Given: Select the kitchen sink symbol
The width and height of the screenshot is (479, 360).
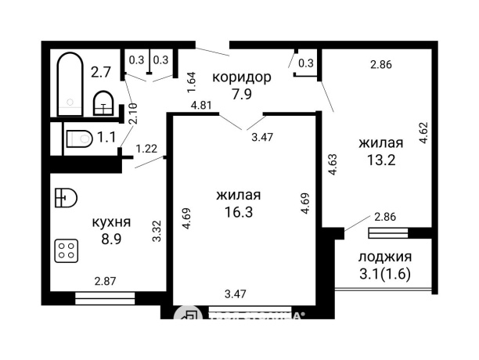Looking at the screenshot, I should (x=66, y=196).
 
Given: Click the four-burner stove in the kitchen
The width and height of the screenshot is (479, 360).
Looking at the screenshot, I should (x=67, y=250).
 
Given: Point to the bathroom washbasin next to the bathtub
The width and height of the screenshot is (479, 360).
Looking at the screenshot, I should (x=103, y=103).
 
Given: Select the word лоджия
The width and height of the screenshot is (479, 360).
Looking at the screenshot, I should (x=384, y=257).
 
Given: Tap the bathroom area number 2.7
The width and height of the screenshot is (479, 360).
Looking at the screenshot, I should (x=99, y=72).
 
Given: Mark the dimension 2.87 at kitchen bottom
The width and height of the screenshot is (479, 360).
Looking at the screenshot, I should (x=106, y=281).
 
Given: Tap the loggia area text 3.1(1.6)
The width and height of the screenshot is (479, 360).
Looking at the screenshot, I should (x=384, y=274).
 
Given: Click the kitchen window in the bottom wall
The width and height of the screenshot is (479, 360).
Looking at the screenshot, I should (x=105, y=297).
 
